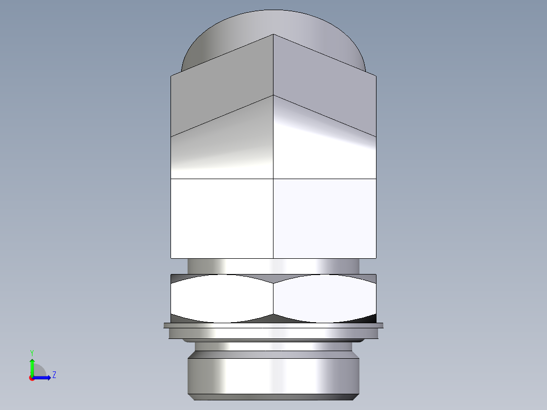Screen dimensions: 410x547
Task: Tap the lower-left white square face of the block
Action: click(222, 218)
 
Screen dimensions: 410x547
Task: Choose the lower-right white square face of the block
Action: click(325, 218)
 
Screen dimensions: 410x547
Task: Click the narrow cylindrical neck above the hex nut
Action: click(273, 266)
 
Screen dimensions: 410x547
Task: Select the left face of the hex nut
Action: click(222, 299)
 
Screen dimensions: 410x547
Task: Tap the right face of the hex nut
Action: click(325, 299)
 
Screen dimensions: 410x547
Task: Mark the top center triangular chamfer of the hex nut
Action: click(273, 279)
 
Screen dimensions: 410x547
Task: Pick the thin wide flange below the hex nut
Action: click(273, 325)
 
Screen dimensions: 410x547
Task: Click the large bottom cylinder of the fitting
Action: click(273, 375)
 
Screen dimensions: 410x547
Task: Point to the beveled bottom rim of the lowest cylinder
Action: click(273, 397)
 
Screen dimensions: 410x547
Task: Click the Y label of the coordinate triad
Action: click(31, 352)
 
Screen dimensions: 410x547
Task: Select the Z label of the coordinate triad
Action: click(54, 375)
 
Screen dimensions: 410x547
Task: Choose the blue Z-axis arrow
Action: click(44, 378)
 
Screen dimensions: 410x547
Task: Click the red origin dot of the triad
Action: click(31, 378)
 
